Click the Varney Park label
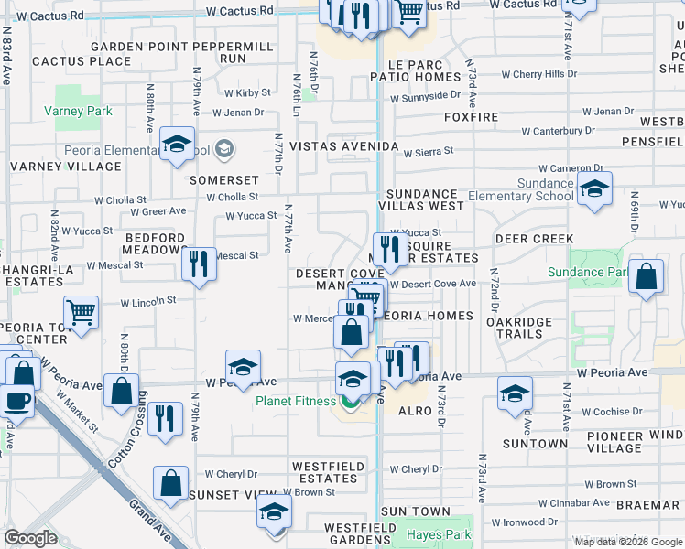77,111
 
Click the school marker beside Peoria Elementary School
177,145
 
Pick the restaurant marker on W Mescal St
199,264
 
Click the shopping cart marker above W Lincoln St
82,313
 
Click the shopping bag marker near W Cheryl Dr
170,484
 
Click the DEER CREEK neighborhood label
534,238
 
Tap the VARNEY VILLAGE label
65,167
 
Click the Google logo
31,538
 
